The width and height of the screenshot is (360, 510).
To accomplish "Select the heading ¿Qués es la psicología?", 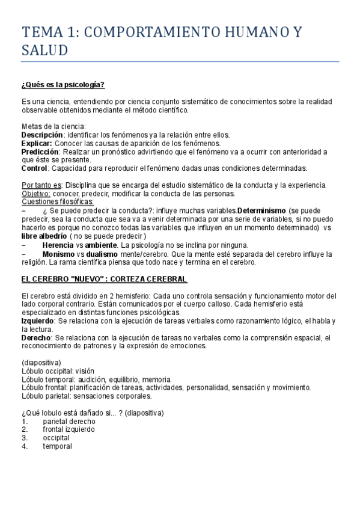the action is [x=64, y=85].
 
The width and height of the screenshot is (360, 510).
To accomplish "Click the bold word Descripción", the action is [x=42, y=135].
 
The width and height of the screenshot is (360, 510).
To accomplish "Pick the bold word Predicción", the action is [x=40, y=152].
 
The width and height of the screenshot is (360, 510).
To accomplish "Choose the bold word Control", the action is [x=35, y=168].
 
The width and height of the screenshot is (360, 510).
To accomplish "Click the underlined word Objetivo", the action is [x=36, y=194].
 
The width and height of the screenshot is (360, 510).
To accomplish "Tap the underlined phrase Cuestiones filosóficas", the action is [x=53, y=202].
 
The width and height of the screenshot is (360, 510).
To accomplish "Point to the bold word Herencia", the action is [x=59, y=245].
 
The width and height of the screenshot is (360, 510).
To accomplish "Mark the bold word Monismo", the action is [x=59, y=254].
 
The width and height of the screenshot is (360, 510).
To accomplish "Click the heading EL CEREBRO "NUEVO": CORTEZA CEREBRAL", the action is [x=105, y=280].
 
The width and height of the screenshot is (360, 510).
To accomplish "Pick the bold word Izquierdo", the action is [x=38, y=321].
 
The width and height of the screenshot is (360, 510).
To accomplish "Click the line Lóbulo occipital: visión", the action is [x=58, y=371].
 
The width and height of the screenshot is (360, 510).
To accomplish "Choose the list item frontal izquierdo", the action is [x=69, y=429].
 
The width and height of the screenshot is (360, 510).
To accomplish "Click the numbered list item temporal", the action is [x=57, y=446].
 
